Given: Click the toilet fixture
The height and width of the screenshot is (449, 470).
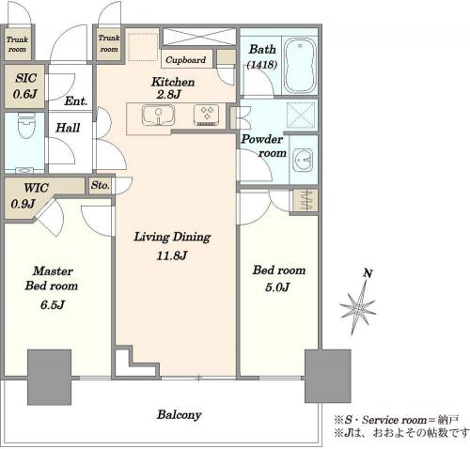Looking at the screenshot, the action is [x=26, y=125].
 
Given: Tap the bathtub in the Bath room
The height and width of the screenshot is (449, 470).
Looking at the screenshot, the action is [x=300, y=66].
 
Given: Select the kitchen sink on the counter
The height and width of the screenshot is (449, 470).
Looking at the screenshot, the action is [x=158, y=115].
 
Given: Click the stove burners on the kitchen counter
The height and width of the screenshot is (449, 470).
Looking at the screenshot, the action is [x=206, y=116].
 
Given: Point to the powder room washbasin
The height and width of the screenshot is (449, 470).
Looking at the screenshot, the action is [x=303, y=160].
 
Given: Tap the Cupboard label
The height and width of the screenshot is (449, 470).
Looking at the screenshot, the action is [x=185, y=59].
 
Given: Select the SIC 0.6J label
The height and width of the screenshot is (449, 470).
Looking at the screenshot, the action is [x=25, y=85].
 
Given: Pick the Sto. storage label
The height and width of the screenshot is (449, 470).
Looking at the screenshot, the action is [x=101, y=185].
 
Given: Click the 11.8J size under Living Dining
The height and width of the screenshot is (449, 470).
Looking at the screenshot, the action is [x=172, y=255].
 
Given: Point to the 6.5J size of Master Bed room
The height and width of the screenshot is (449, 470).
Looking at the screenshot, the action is [x=53, y=304].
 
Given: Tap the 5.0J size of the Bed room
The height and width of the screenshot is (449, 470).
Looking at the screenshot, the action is [x=277, y=286].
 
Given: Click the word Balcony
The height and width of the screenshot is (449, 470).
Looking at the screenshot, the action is [x=180, y=414].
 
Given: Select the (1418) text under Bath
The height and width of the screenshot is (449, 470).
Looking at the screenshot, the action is [x=262, y=65].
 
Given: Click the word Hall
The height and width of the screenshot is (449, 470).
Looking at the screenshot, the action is [x=68, y=128].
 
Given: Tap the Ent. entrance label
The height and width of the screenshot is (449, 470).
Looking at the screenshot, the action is [x=76, y=101].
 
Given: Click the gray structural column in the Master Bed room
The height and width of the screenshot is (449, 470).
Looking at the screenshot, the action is [x=50, y=378].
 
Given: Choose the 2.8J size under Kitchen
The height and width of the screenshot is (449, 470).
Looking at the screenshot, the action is [x=169, y=94].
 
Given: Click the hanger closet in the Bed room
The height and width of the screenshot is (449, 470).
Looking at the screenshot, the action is [x=305, y=200].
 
